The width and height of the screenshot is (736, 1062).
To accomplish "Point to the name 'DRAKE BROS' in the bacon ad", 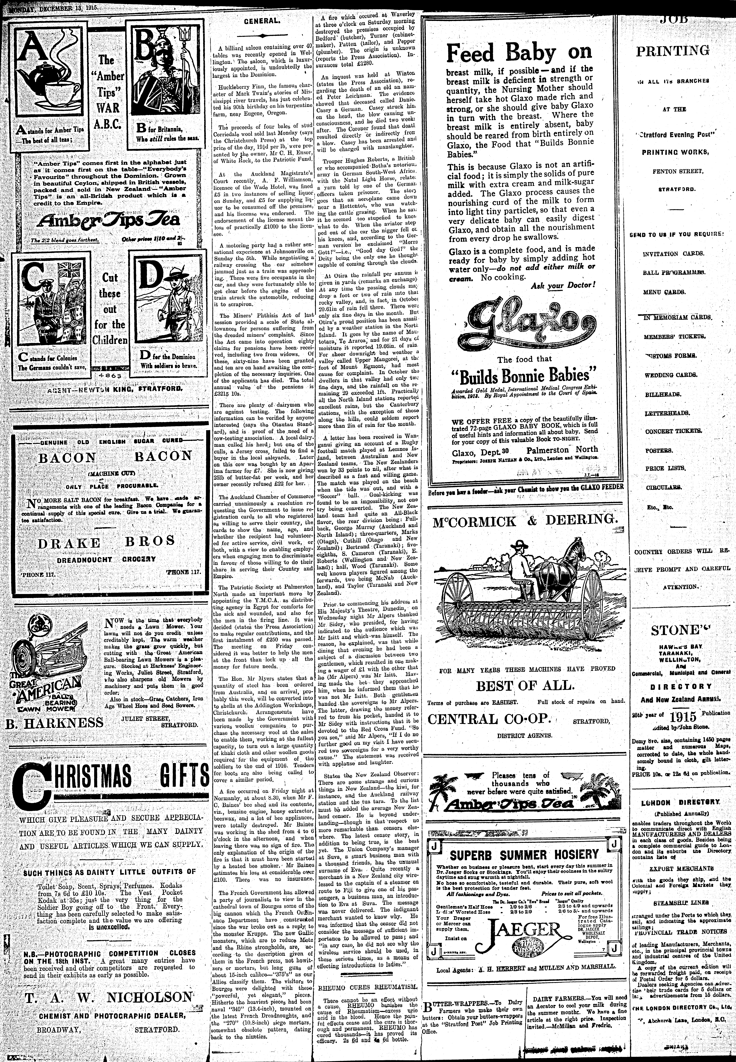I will point(106,542).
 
